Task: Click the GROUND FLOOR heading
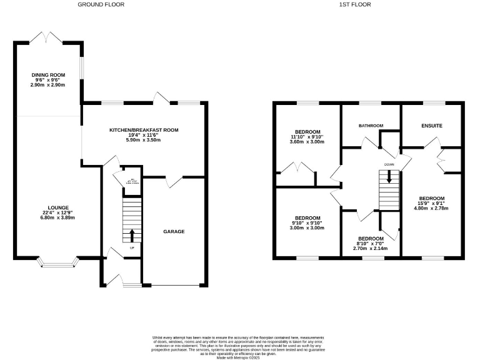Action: tap(101, 4)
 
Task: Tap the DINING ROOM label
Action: tap(48, 74)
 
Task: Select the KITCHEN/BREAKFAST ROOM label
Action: tap(144, 130)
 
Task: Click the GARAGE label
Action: tap(174, 231)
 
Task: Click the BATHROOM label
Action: tap(371, 126)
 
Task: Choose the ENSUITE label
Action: tap(431, 126)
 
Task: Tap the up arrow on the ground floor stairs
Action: tap(132, 236)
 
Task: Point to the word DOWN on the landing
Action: tap(389, 165)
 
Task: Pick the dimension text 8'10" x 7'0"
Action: tap(371, 244)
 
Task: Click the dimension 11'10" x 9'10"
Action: tap(308, 137)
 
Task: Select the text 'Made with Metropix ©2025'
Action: tap(239, 357)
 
